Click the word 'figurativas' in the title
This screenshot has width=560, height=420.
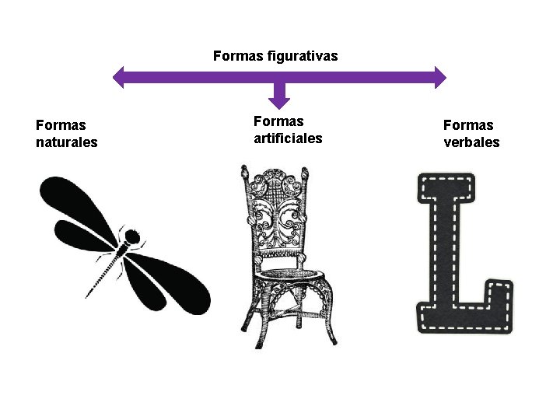[x=302, y=56]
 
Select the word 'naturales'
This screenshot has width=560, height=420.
[x=67, y=142]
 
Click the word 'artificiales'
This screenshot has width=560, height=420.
[x=288, y=138]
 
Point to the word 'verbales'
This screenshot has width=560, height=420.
[x=471, y=142]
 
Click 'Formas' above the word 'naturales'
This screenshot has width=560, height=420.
[x=61, y=124]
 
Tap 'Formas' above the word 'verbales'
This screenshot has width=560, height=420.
[x=468, y=124]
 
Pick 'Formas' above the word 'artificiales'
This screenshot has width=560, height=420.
[x=278, y=121]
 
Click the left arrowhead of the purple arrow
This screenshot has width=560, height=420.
[x=120, y=76]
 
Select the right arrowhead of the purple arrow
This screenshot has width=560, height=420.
[x=439, y=76]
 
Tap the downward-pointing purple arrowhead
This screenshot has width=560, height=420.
[x=279, y=100]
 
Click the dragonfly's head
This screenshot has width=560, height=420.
[x=132, y=235]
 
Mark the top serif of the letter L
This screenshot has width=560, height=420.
[x=446, y=187]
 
